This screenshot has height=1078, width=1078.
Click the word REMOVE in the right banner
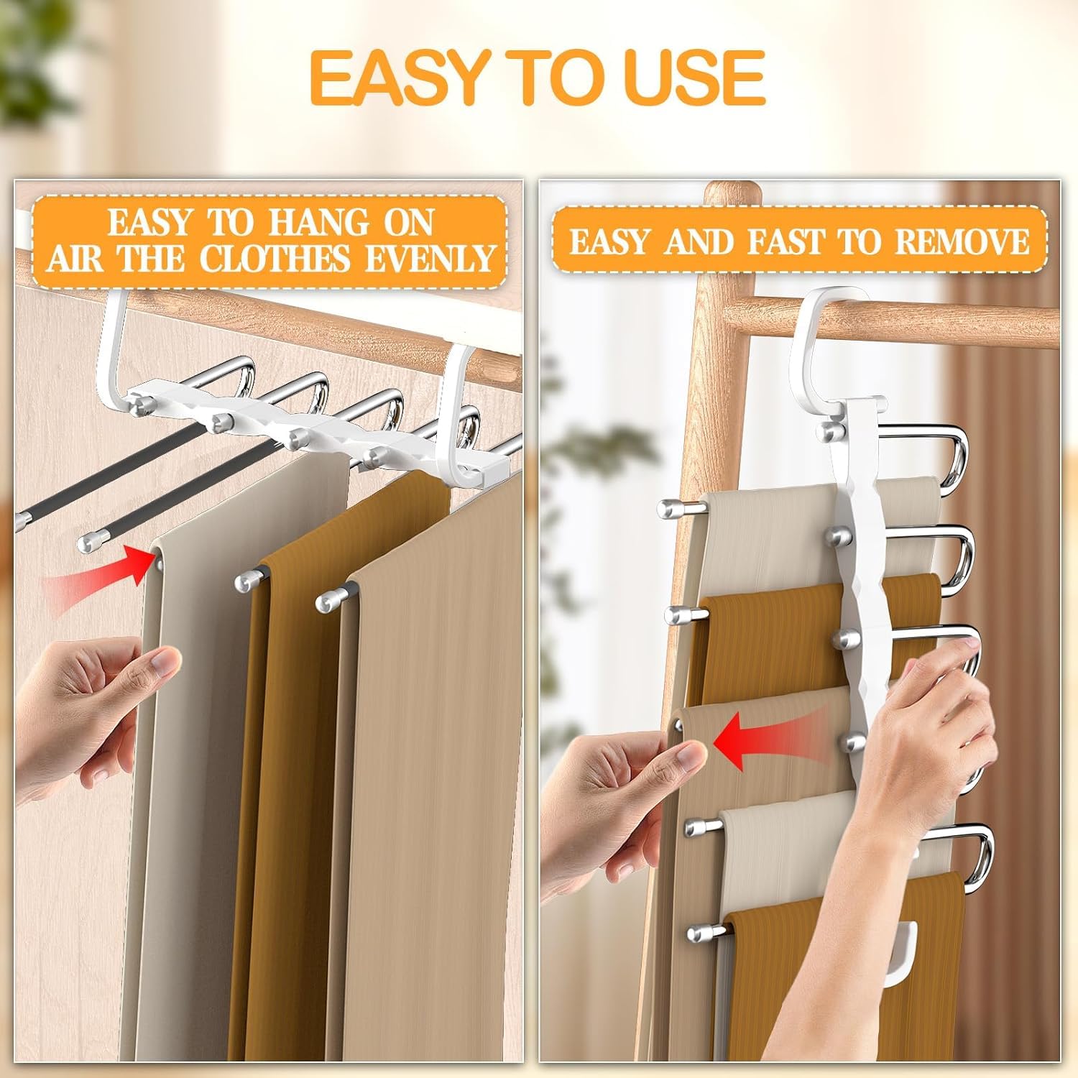point(962,241)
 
